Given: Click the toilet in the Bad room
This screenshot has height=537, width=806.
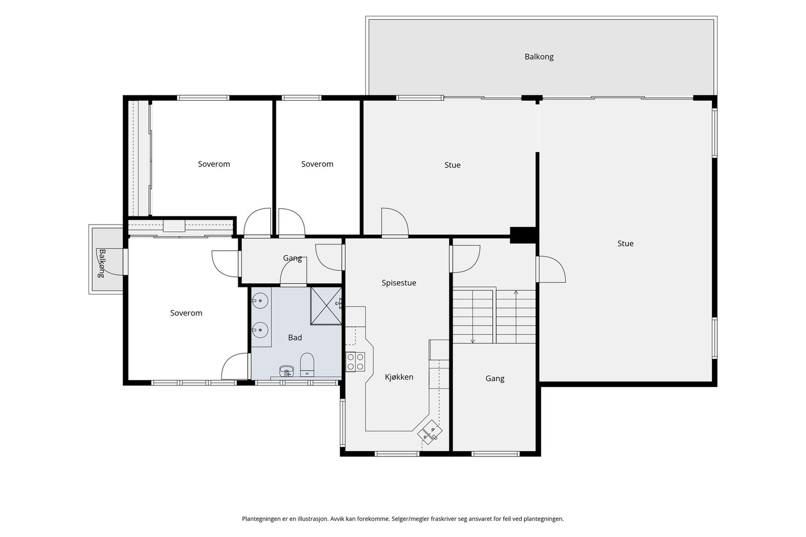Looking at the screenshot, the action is [x=307, y=365].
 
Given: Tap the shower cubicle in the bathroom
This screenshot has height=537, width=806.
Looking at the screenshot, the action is [x=326, y=306].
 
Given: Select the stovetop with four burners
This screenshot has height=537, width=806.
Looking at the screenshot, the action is [x=356, y=361].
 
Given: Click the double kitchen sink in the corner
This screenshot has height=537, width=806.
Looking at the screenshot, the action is [x=430, y=432].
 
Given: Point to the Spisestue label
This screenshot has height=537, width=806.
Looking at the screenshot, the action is [x=398, y=283].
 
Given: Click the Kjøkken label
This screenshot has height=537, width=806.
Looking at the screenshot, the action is [x=399, y=377].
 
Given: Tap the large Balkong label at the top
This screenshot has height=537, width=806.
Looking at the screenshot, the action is [x=539, y=57].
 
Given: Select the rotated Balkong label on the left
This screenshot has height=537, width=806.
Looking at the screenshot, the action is [x=102, y=264].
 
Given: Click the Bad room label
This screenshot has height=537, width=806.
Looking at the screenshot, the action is [x=295, y=338].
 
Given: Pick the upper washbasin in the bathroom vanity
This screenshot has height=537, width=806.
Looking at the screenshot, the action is [x=260, y=301].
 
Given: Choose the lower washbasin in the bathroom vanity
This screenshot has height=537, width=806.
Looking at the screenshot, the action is [x=260, y=330].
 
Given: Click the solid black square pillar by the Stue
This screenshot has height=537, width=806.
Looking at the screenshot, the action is [x=524, y=235].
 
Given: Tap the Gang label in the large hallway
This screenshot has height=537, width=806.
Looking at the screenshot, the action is [x=495, y=378].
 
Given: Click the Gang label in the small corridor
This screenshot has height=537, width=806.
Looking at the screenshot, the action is [x=292, y=258].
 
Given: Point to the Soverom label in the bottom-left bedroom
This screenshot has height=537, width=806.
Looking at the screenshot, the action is [x=186, y=313].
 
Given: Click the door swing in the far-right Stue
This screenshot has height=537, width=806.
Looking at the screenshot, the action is [x=551, y=269].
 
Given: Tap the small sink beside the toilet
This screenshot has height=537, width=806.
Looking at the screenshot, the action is [x=287, y=370].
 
